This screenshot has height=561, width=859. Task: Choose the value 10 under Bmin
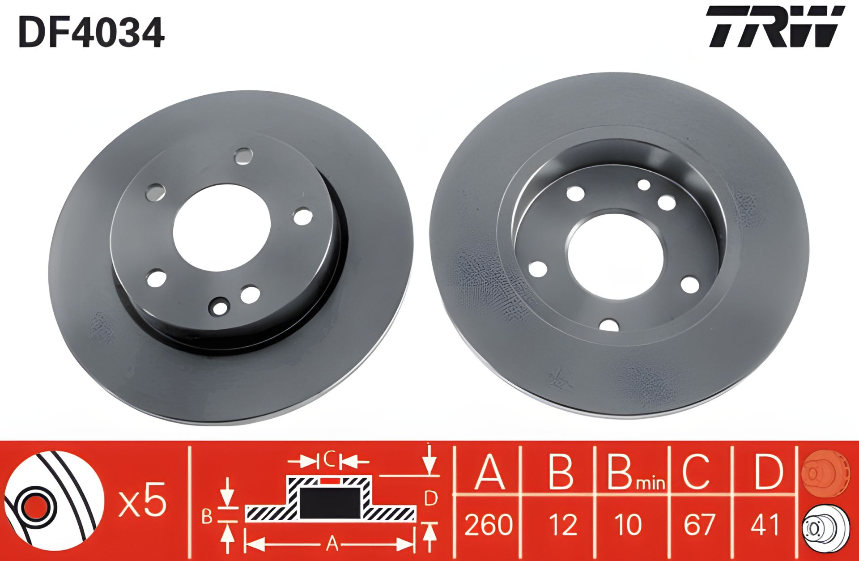coord(629,524)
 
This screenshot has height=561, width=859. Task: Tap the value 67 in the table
coord(699,524)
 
